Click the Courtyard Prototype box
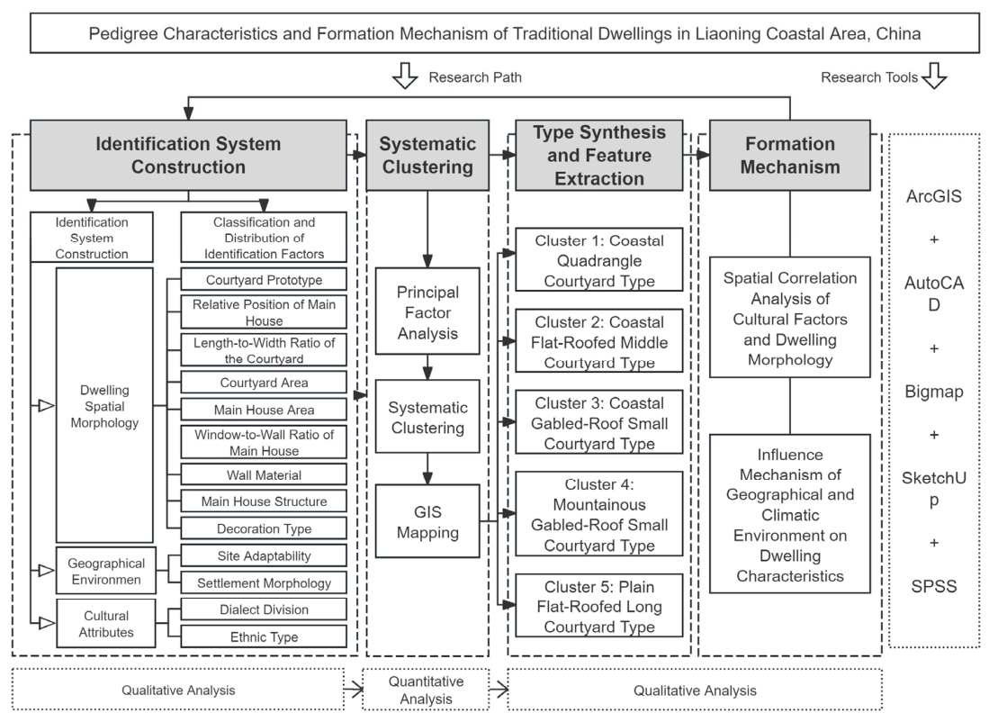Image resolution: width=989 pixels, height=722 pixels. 264,280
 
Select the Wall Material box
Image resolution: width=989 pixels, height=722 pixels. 264,474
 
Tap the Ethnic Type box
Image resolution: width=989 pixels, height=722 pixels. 264,636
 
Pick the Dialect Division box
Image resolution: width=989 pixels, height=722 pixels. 264,609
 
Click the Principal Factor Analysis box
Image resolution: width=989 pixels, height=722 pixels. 427,311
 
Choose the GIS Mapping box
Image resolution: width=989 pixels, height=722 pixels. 427,521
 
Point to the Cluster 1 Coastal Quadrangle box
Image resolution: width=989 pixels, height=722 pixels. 599,260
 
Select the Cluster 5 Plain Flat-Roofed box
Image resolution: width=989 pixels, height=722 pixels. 599,606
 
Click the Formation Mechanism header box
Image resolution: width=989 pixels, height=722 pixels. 790,155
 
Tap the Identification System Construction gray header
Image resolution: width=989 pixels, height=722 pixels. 189,155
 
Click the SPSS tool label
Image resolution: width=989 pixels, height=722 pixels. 933,586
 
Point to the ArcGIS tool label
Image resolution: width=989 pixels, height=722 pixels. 933,196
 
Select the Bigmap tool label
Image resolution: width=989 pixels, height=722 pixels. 933,392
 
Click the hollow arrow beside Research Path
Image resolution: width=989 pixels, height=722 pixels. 405,76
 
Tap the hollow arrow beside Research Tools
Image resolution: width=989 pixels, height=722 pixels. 934,76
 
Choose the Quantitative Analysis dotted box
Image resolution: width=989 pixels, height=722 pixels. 426,690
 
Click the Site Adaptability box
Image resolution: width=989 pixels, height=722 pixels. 264,555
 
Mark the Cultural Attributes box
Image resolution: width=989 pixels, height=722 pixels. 106,624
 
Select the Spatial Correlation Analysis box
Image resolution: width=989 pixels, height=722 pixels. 790,318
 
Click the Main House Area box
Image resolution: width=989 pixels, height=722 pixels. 264,410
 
